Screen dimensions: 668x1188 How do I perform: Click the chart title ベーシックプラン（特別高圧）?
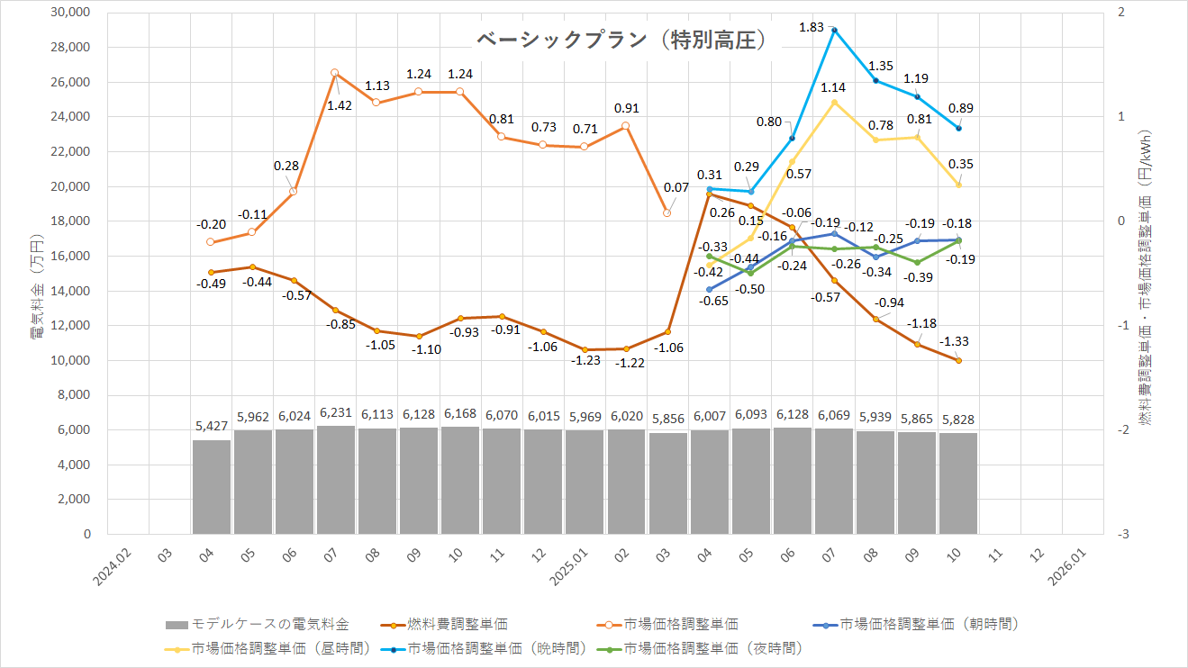tap(621, 41)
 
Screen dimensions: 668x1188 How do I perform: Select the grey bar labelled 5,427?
tap(212, 486)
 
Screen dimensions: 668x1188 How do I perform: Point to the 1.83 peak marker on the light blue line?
tap(834, 30)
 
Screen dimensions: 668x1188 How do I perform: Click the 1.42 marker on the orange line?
tap(334, 72)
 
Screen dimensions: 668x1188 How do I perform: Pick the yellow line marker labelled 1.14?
tap(834, 102)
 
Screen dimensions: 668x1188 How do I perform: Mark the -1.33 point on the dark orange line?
tap(958, 360)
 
